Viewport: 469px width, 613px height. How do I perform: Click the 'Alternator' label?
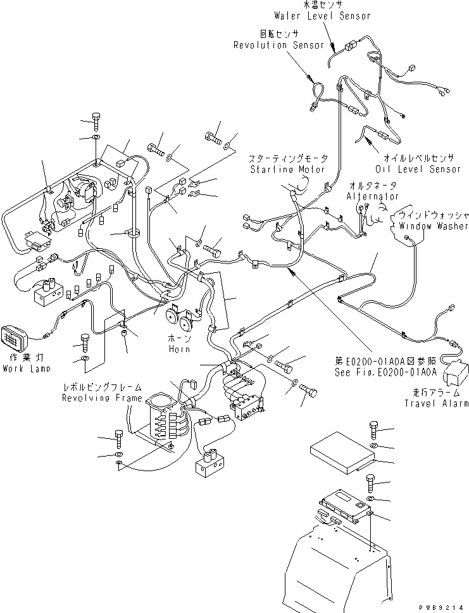[373, 197]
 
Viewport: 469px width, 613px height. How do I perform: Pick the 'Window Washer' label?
[430, 225]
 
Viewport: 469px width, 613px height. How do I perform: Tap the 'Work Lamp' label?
[26, 368]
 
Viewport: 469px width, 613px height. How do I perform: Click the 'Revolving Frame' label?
[101, 398]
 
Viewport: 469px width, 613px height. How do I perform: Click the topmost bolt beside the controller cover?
[373, 431]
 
